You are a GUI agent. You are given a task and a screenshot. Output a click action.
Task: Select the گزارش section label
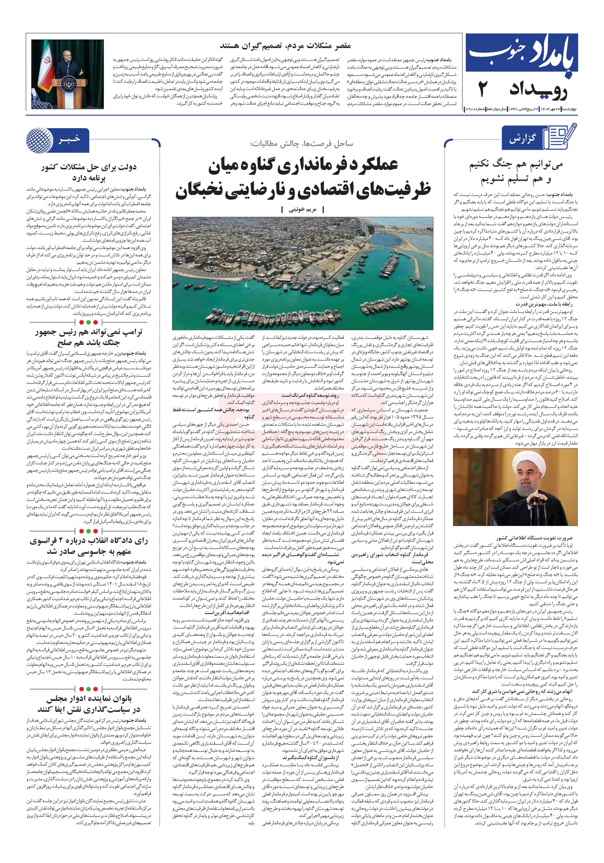tap(522, 140)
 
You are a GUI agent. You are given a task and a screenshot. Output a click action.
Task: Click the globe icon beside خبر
tap(39, 140)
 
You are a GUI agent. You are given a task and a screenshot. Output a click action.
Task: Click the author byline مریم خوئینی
tap(302, 210)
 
